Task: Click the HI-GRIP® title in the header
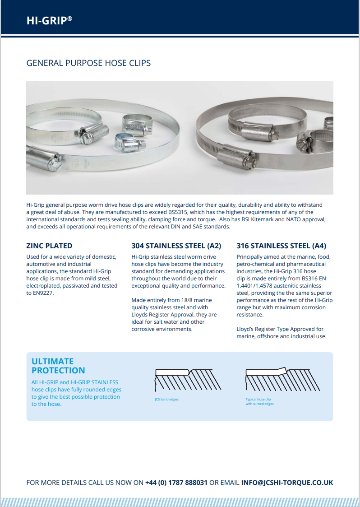tap(49, 20)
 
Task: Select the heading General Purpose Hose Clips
tap(88, 63)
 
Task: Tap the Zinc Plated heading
tap(49, 246)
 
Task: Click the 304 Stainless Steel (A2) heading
tap(176, 246)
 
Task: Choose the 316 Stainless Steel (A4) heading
tap(281, 246)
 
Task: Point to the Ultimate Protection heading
tap(58, 366)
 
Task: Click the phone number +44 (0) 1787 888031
tap(176, 482)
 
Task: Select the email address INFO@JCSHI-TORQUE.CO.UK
tap(287, 482)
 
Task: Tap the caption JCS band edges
tap(166, 400)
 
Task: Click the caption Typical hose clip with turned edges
tap(259, 401)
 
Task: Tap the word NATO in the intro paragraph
tap(282, 219)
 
